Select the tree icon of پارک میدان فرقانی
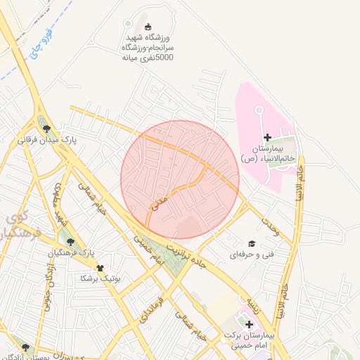coord(46,128)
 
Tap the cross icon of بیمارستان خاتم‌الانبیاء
coord(266,136)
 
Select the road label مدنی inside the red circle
coord(159,203)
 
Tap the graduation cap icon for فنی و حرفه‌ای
coord(251,241)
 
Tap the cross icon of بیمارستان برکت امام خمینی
coord(248,323)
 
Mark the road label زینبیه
coord(252,305)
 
